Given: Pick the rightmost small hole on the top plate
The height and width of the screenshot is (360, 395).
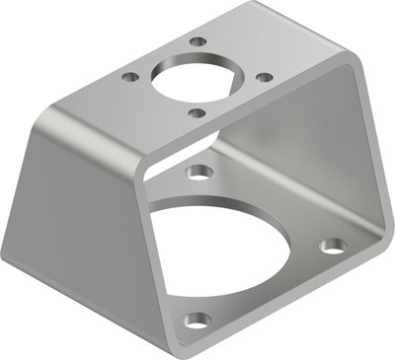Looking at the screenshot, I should (263, 76).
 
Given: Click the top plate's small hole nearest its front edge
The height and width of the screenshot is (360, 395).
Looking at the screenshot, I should (198, 112).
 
